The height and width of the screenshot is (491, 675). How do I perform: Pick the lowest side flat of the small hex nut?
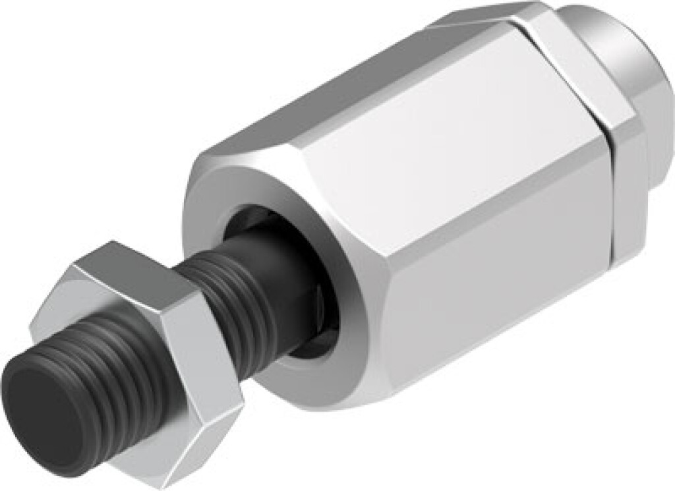point(165,455)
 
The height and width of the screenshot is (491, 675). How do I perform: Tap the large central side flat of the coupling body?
point(455,198)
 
